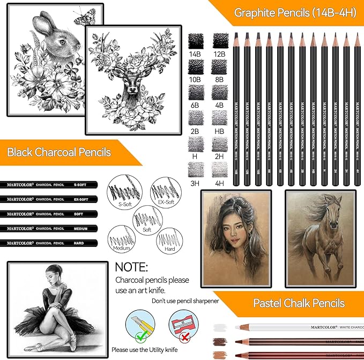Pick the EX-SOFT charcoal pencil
(49, 199)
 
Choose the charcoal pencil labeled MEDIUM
(49, 228)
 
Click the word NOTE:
(131, 266)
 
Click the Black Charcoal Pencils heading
(59, 152)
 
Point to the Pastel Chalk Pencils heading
(299, 303)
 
